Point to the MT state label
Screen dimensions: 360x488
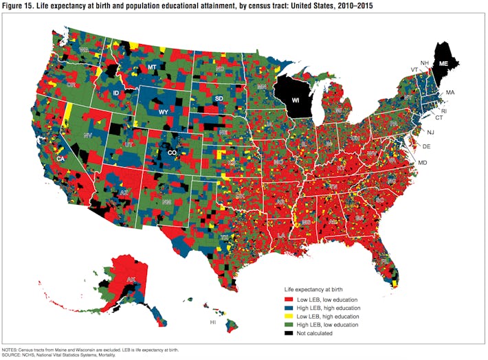point(153,67)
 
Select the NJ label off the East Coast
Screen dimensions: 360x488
point(430,132)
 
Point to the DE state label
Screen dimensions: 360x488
point(425,146)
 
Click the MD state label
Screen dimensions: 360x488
point(423,162)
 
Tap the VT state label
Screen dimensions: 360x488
point(414,69)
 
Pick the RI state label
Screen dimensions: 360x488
point(443,111)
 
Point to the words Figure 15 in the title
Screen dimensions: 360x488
point(17,6)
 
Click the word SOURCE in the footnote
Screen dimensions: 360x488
point(12,355)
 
